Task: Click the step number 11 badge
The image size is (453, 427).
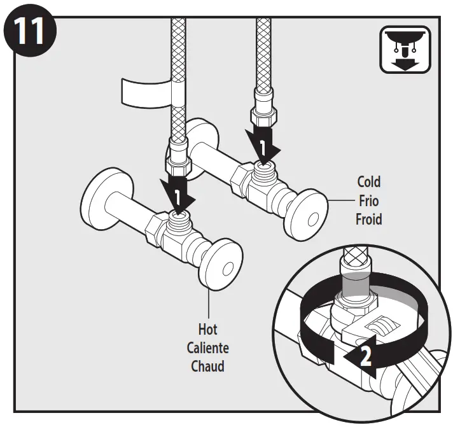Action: point(29,29)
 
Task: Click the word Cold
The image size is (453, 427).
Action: point(369,182)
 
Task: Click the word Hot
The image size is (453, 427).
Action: point(207,329)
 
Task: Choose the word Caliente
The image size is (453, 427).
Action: point(207,348)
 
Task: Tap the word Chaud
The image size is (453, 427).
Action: point(207,367)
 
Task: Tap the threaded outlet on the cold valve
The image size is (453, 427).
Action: point(263,167)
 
